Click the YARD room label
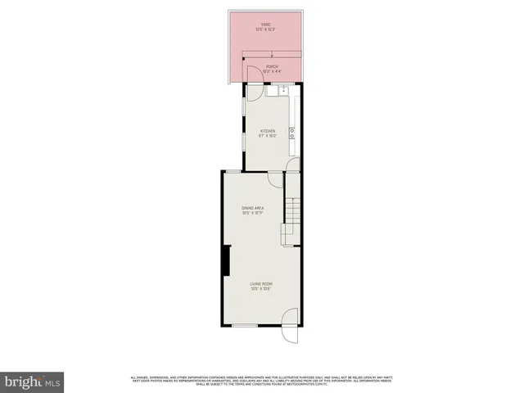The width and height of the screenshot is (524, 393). point(265,24)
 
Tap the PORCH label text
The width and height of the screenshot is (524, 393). point(272,66)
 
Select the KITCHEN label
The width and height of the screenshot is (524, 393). point(268,131)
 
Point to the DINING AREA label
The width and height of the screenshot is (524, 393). point(251,208)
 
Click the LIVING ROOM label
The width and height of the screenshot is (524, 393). point(260,283)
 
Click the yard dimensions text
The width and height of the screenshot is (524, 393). point(265,29)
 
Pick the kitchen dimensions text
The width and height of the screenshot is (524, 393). point(268,137)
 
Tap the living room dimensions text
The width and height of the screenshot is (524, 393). point(260,289)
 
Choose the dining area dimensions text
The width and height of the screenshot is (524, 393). point(251,214)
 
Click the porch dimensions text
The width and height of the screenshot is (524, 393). point(272,72)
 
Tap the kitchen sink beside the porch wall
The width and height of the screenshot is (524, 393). point(282,89)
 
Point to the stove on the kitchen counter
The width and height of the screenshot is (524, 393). point(291,131)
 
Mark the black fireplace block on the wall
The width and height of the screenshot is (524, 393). point(224,262)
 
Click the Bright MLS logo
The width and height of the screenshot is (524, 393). point(33,381)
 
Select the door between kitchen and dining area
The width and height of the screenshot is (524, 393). point(275,180)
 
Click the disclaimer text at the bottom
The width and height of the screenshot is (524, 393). point(262,380)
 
